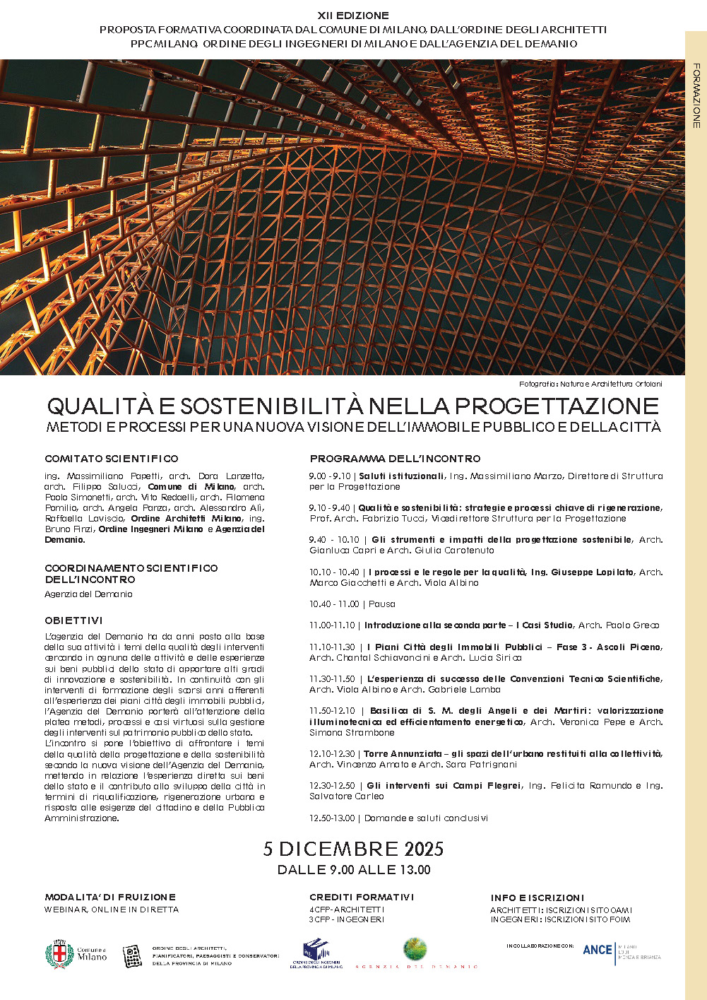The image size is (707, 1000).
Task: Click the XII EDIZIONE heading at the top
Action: (353, 16)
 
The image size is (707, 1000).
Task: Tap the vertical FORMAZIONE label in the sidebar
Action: (696, 95)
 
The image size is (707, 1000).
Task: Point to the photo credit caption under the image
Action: (590, 384)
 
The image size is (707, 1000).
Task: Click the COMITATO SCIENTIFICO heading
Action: (112, 459)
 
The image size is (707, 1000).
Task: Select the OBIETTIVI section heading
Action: (73, 620)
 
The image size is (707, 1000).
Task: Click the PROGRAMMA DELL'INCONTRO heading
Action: (395, 459)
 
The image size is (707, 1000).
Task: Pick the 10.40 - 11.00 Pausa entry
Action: (352, 604)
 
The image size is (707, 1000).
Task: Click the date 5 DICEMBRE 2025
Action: (353, 849)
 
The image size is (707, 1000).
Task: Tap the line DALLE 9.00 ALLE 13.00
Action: (353, 870)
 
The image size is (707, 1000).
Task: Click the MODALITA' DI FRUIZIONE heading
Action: (110, 897)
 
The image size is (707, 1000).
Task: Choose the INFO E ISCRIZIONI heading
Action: (537, 898)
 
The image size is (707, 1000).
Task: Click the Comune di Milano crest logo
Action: (59, 955)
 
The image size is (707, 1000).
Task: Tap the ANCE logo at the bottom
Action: (598, 950)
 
